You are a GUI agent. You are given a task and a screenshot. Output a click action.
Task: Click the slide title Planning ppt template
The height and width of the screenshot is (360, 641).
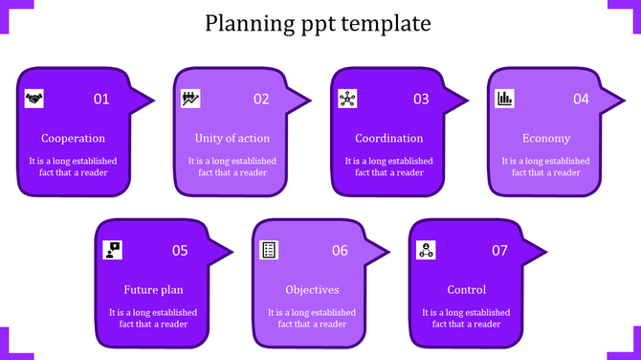[x=319, y=23]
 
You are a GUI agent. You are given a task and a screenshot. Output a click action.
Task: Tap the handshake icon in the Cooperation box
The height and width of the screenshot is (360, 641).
[x=33, y=98]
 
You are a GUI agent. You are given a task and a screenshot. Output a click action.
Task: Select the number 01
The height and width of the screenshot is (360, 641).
[x=101, y=99]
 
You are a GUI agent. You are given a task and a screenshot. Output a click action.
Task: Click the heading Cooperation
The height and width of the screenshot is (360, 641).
[x=73, y=138]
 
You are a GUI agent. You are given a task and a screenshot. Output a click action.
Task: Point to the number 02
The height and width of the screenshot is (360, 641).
[x=261, y=99]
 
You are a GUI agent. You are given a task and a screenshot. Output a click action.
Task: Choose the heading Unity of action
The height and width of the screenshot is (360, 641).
[x=232, y=138]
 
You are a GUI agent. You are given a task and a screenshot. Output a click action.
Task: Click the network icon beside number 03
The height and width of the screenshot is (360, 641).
[x=347, y=98]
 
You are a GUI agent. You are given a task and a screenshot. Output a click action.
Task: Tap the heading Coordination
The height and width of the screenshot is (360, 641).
[x=388, y=138]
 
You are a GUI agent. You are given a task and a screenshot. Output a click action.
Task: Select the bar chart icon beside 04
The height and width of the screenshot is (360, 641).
[x=504, y=98]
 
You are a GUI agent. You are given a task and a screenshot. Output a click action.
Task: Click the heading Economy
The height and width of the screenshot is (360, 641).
[x=546, y=138]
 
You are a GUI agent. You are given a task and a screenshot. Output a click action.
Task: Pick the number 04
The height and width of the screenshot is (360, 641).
[x=581, y=99]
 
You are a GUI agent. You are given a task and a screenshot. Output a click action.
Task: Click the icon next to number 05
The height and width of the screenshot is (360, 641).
[x=113, y=250]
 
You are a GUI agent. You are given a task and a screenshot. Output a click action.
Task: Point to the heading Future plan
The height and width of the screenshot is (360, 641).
[x=153, y=290]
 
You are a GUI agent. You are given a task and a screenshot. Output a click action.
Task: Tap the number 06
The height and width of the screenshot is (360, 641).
[x=340, y=251]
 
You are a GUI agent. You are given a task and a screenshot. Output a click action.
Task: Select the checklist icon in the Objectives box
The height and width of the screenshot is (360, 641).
[x=270, y=250]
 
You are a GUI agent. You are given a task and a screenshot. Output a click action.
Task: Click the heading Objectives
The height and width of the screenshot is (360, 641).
[x=312, y=290]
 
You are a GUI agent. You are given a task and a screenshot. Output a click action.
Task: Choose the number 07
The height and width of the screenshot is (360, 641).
[x=499, y=251]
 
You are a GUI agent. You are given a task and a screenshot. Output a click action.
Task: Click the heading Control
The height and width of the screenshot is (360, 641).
[x=467, y=290]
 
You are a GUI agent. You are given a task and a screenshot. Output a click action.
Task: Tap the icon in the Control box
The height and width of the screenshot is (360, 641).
[x=427, y=250]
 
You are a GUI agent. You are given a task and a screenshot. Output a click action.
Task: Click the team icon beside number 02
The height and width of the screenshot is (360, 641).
[x=189, y=98]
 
